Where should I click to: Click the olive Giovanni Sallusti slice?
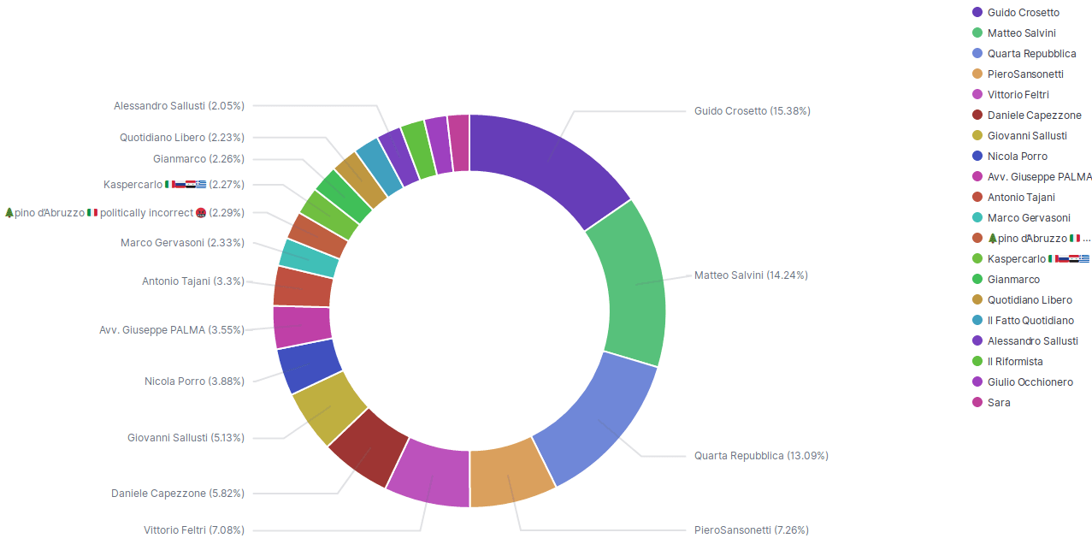pyautogui.click(x=329, y=408)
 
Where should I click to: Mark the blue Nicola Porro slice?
pyautogui.click(x=308, y=365)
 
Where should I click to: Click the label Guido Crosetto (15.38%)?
pyautogui.click(x=752, y=111)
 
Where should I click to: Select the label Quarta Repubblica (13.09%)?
pyautogui.click(x=760, y=456)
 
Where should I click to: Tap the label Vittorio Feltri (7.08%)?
pyautogui.click(x=194, y=530)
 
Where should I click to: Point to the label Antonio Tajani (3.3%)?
pyautogui.click(x=193, y=281)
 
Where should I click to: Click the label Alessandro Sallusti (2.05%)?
pyautogui.click(x=179, y=106)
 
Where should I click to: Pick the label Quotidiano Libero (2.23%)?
pyautogui.click(x=182, y=138)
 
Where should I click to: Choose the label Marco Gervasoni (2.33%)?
pyautogui.click(x=182, y=243)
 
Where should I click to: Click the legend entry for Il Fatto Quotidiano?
pyautogui.click(x=1030, y=321)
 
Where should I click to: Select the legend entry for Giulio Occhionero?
pyautogui.click(x=1030, y=382)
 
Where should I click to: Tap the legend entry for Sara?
pyautogui.click(x=998, y=403)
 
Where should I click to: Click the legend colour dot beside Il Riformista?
pyautogui.click(x=977, y=362)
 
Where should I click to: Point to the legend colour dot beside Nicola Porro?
pyautogui.click(x=977, y=157)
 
